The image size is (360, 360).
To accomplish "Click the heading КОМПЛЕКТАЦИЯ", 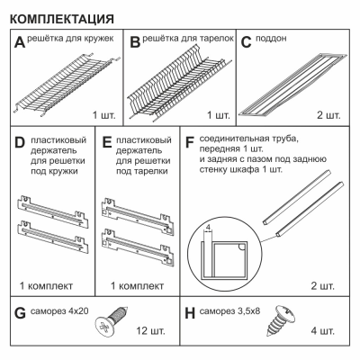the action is (62, 19).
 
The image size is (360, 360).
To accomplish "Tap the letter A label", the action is (20, 42).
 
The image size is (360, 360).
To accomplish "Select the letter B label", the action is (135, 42).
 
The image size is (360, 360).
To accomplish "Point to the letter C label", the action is (246, 42).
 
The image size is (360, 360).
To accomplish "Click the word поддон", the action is (271, 39).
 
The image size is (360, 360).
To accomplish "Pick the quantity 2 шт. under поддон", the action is (328, 115).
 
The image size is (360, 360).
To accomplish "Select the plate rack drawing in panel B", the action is (180, 83).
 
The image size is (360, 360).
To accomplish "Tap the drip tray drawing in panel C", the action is (293, 85).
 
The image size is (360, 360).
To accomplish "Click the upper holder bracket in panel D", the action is (52, 210).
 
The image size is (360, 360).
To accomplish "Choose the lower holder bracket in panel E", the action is (138, 247).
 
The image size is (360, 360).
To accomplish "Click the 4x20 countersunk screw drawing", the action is (112, 322).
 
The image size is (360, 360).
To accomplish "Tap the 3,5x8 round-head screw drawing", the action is (281, 320).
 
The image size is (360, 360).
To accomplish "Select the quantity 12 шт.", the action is (150, 331).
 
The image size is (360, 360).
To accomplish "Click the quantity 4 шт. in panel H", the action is (323, 331).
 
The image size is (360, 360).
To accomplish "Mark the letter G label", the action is (20, 313).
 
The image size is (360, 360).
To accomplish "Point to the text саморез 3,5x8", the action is (229, 311).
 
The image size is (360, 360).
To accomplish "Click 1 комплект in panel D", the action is (46, 286).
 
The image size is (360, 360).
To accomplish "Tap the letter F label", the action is (190, 142).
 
